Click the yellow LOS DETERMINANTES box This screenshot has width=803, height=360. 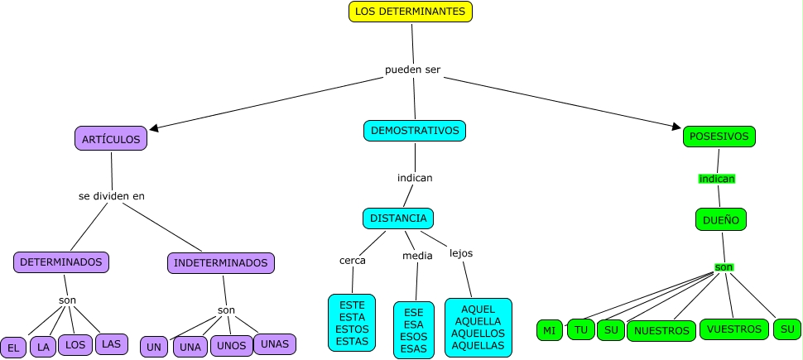(411, 12)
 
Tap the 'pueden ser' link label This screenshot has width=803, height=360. (412, 70)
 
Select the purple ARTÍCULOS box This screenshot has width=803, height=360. (111, 138)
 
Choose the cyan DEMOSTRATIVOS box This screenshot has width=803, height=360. (415, 131)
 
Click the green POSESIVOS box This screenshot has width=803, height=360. (719, 137)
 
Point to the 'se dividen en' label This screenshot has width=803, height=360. (112, 196)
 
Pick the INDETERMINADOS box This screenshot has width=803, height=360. (220, 263)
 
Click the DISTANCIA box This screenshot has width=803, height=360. (398, 218)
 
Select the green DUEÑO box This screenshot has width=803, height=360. (721, 219)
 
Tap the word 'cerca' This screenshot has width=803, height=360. (353, 260)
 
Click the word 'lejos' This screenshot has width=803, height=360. (461, 252)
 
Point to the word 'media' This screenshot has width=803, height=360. (417, 256)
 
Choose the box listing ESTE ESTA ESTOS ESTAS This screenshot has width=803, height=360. (352, 323)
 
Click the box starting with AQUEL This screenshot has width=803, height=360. (478, 327)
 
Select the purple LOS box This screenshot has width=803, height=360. (75, 344)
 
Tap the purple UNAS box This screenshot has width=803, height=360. (274, 343)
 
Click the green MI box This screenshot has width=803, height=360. (549, 331)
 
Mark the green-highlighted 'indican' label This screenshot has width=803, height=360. (717, 178)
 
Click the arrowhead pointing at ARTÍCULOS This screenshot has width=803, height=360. (154, 128)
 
